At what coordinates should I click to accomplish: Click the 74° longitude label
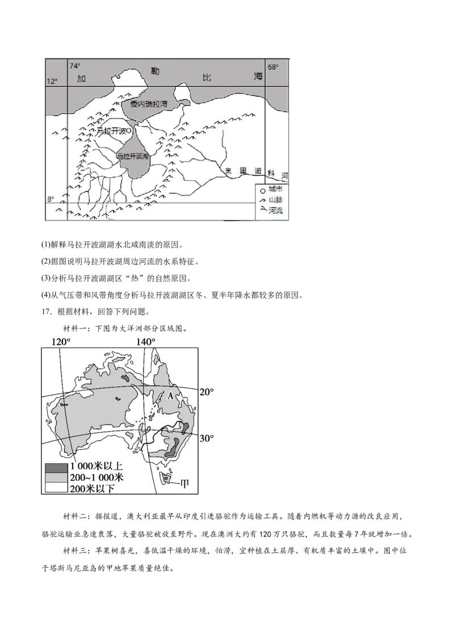[75, 66]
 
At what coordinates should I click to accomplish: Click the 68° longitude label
[273, 67]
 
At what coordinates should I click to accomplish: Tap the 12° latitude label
[52, 82]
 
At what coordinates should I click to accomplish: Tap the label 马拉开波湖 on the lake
[132, 155]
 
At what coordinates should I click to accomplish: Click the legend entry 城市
[275, 189]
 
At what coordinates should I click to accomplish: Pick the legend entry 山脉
[275, 200]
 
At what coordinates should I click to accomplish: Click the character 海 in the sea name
[259, 77]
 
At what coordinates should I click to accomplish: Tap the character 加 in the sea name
[81, 79]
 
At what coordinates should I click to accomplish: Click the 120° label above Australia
[61, 342]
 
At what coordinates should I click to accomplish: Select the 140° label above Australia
[145, 342]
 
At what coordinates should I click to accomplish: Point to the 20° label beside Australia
[208, 392]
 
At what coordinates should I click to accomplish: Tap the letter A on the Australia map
[169, 396]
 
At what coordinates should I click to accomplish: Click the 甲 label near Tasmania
[184, 483]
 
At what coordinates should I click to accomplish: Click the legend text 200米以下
[92, 488]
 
